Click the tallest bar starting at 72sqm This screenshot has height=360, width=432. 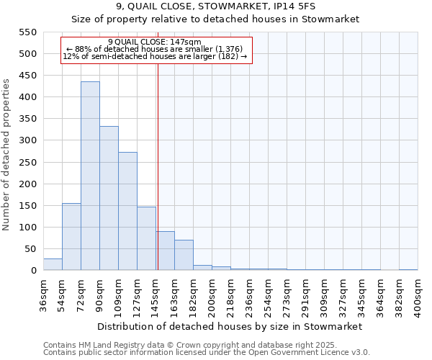90,176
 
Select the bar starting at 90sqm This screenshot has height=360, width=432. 109,199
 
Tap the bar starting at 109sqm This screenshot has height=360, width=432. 127,212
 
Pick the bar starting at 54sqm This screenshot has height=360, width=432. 71,237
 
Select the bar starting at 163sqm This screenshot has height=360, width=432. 184,256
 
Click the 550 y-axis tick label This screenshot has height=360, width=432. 27,32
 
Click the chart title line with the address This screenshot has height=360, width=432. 215,7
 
